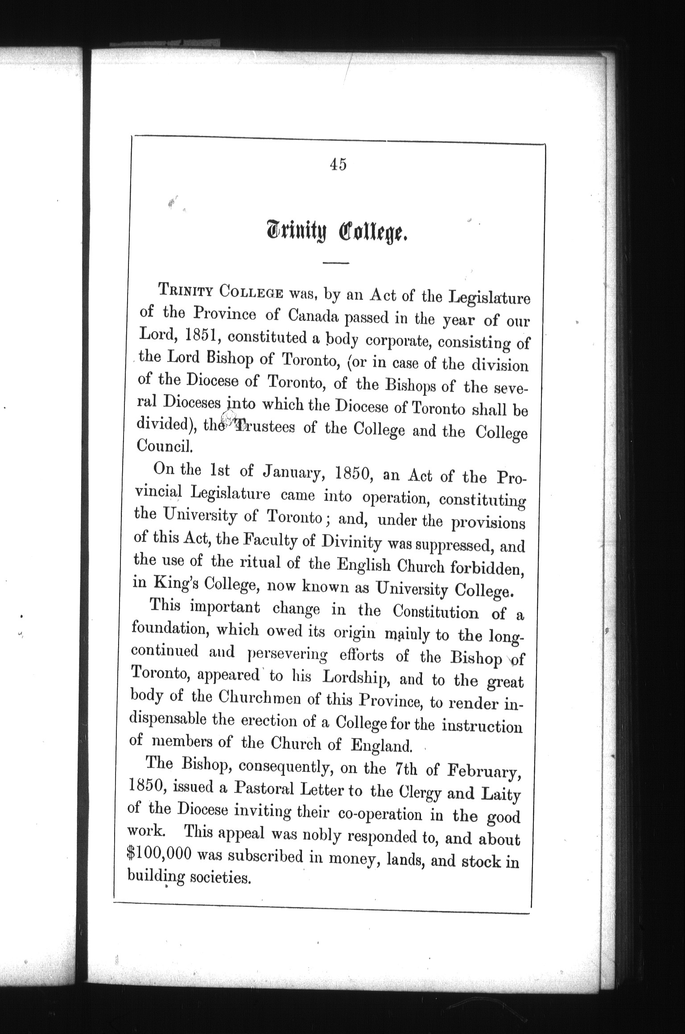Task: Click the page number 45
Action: pyautogui.click(x=338, y=164)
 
